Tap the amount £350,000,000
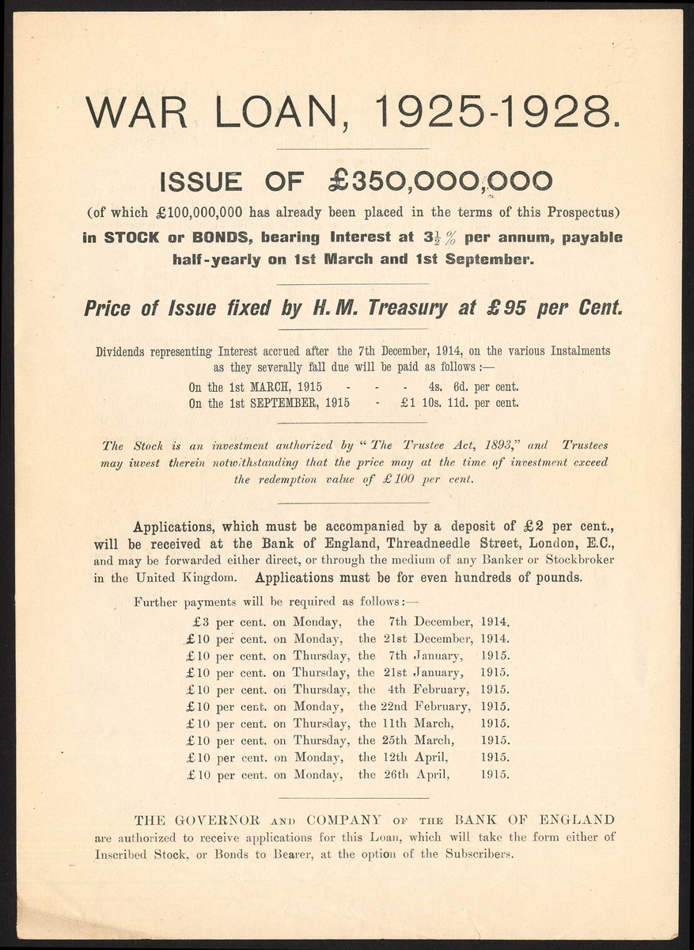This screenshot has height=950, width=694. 441,181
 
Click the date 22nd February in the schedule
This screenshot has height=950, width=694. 425,706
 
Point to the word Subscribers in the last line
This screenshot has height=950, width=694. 481,855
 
